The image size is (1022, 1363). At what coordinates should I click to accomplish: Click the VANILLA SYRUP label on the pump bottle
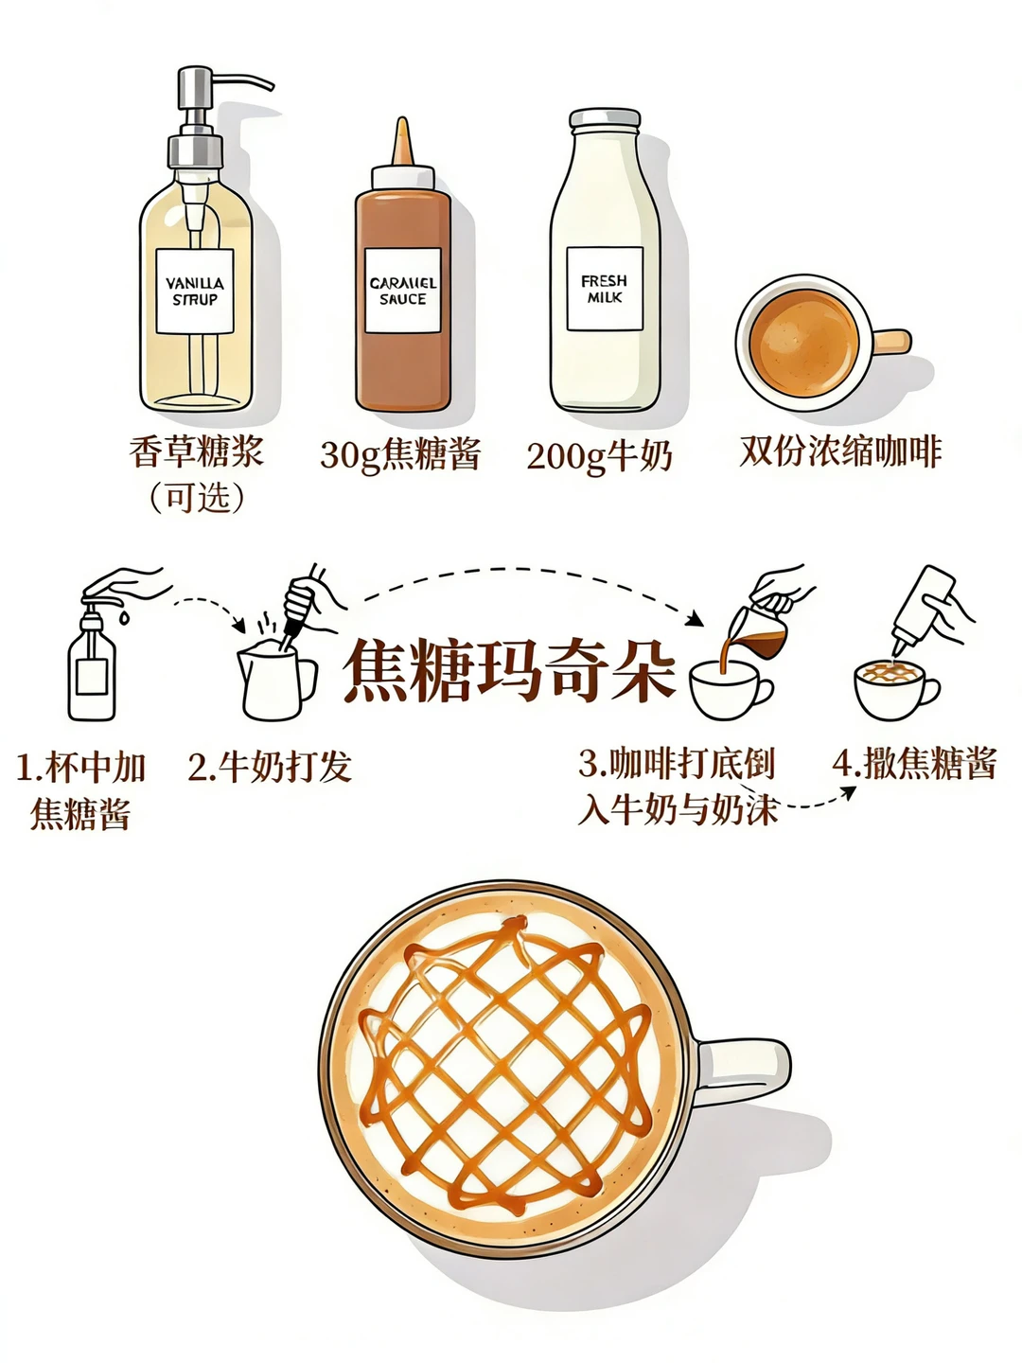(195, 292)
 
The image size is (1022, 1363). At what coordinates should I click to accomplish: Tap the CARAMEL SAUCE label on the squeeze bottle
(403, 291)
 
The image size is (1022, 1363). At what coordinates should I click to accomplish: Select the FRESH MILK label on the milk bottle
(605, 289)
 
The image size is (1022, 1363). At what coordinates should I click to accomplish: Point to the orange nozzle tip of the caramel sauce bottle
(403, 142)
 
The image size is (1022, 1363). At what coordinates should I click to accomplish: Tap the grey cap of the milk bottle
(605, 120)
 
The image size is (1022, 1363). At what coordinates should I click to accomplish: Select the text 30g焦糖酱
(400, 454)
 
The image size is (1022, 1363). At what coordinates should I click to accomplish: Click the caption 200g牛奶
(599, 456)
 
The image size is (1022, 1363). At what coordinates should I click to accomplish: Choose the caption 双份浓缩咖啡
(841, 451)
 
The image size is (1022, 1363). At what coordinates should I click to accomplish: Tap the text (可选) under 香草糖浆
(196, 497)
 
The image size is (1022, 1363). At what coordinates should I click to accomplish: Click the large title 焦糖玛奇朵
(510, 671)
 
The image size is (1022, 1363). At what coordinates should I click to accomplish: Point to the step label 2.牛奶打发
(270, 767)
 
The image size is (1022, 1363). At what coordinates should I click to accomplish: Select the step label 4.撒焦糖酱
(914, 763)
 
